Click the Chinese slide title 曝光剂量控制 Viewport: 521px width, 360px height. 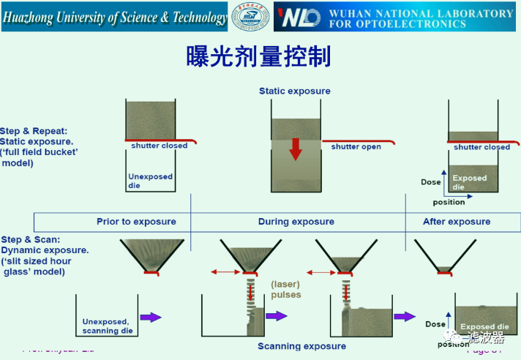(260, 56)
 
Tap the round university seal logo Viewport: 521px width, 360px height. (250, 17)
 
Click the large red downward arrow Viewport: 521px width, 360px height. (295, 148)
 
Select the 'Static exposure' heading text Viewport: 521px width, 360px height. (294, 91)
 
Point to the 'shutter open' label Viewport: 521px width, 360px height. (356, 147)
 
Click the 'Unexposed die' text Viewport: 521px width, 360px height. (150, 181)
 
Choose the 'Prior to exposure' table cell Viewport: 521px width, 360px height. (136, 222)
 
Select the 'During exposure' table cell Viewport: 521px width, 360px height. (296, 222)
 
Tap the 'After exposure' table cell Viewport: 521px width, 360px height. (457, 222)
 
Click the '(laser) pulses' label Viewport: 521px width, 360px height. (286, 290)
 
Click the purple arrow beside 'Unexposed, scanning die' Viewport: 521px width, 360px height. (151, 317)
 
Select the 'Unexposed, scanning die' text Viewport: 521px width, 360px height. (105, 326)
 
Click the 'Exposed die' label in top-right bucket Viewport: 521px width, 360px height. (469, 182)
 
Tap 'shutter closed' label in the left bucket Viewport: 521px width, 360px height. (160, 146)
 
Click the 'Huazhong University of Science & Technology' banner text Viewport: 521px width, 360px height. (115, 18)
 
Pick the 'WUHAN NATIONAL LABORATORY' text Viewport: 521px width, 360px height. (421, 13)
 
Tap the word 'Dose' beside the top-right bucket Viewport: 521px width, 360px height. (431, 182)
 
